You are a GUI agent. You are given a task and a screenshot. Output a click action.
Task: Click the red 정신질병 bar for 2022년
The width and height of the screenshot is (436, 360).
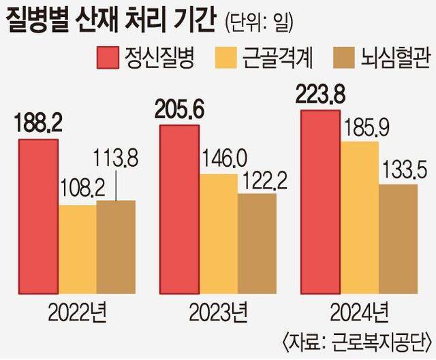pos(38,215)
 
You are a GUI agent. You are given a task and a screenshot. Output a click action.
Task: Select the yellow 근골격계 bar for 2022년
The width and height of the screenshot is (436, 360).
pos(77,248)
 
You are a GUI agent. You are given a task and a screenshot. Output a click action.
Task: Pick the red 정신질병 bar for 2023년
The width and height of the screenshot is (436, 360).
pos(179,208)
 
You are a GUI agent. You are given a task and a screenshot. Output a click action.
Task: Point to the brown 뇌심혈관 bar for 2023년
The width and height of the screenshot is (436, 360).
pos(257,242)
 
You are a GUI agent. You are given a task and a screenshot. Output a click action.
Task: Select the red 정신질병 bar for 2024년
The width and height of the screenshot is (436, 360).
pos(320,201)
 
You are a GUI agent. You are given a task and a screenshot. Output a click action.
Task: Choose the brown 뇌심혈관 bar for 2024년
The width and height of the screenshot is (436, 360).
pos(398,238)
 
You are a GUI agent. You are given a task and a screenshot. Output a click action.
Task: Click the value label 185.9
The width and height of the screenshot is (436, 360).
pos(360,127)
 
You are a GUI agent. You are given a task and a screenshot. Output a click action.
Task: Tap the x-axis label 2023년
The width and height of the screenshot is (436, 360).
pos(217,314)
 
